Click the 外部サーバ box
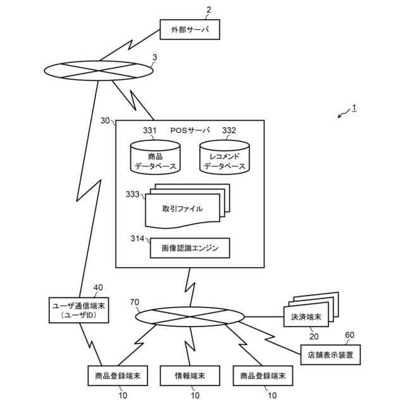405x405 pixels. coord(190,30)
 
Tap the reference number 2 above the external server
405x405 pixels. coord(209,10)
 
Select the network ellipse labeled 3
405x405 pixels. coord(99,70)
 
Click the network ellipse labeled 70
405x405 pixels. coord(190,317)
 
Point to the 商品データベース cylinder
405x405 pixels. coord(155,157)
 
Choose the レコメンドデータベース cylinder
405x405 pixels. coord(225,157)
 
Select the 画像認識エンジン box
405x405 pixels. coord(190,248)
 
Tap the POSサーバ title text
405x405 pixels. coord(190,130)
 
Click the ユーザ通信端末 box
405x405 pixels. coord(78,310)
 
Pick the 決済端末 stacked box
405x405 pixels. coord(311,309)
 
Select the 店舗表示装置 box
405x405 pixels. coord(330,355)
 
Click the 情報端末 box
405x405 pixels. coord(190,376)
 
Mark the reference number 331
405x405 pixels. coord(149,130)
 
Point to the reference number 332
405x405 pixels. coord(229,130)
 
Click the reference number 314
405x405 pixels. coord(137,239)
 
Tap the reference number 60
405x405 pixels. coord(349,335)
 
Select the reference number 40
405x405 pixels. coord(98,287)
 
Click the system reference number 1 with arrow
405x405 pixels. coord(347,111)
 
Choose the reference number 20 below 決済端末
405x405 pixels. coord(314,337)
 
